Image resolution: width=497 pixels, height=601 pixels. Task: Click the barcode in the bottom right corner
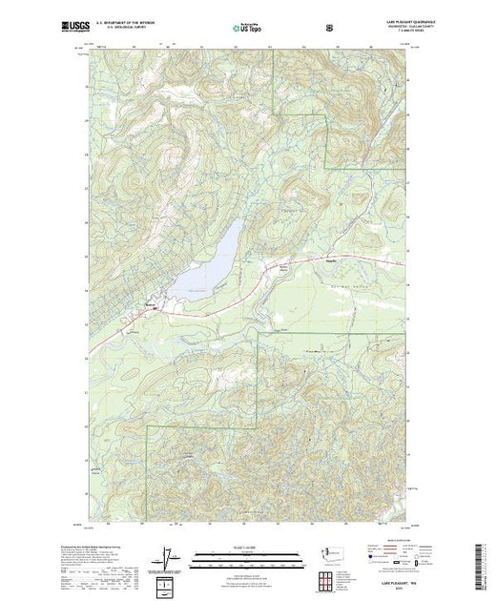(484, 563)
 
